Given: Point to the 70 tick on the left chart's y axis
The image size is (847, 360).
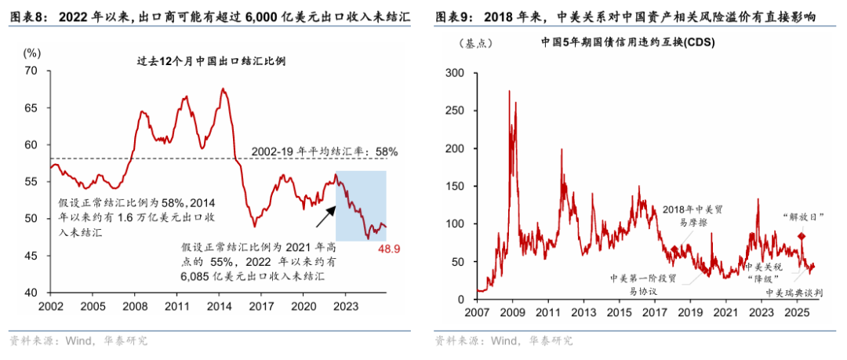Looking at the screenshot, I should tap(31, 71).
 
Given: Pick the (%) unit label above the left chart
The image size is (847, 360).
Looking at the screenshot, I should tap(32, 53).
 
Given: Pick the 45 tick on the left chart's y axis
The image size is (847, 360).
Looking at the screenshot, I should tap(31, 256).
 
